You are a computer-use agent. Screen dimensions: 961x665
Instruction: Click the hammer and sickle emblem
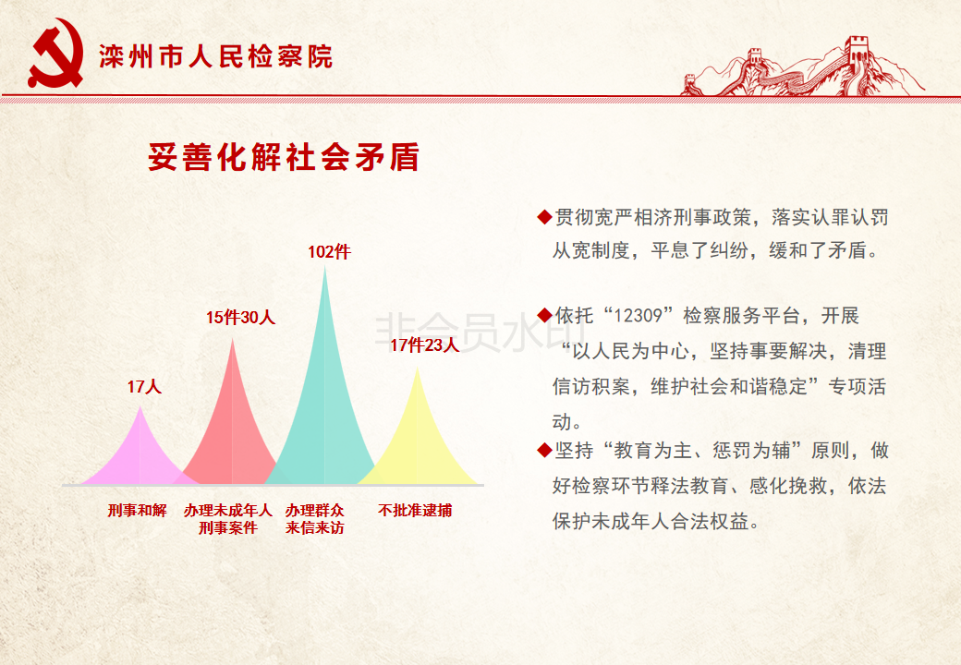55,54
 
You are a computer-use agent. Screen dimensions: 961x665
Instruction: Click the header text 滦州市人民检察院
215,57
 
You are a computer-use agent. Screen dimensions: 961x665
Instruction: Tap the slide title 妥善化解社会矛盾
284,157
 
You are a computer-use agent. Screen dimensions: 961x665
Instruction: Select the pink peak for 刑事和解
140,453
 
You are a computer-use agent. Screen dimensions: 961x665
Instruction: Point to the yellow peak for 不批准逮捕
418,435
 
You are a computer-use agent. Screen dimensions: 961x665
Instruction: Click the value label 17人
145,387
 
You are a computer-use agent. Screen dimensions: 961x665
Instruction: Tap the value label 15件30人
240,317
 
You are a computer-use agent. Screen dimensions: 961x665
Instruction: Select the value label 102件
329,251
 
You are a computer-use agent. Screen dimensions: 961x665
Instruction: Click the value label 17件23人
424,345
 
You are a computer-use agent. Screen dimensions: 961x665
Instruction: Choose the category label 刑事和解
138,510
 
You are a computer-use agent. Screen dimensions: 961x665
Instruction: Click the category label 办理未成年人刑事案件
227,519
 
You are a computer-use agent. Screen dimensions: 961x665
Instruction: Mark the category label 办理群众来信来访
314,519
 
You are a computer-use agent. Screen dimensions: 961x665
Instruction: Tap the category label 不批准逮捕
415,510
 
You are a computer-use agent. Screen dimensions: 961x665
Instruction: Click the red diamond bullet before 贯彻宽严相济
544,217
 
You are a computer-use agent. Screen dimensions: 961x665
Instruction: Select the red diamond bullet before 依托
544,315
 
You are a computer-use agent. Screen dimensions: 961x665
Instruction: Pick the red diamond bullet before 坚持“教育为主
544,450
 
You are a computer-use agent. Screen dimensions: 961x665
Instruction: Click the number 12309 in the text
638,316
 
